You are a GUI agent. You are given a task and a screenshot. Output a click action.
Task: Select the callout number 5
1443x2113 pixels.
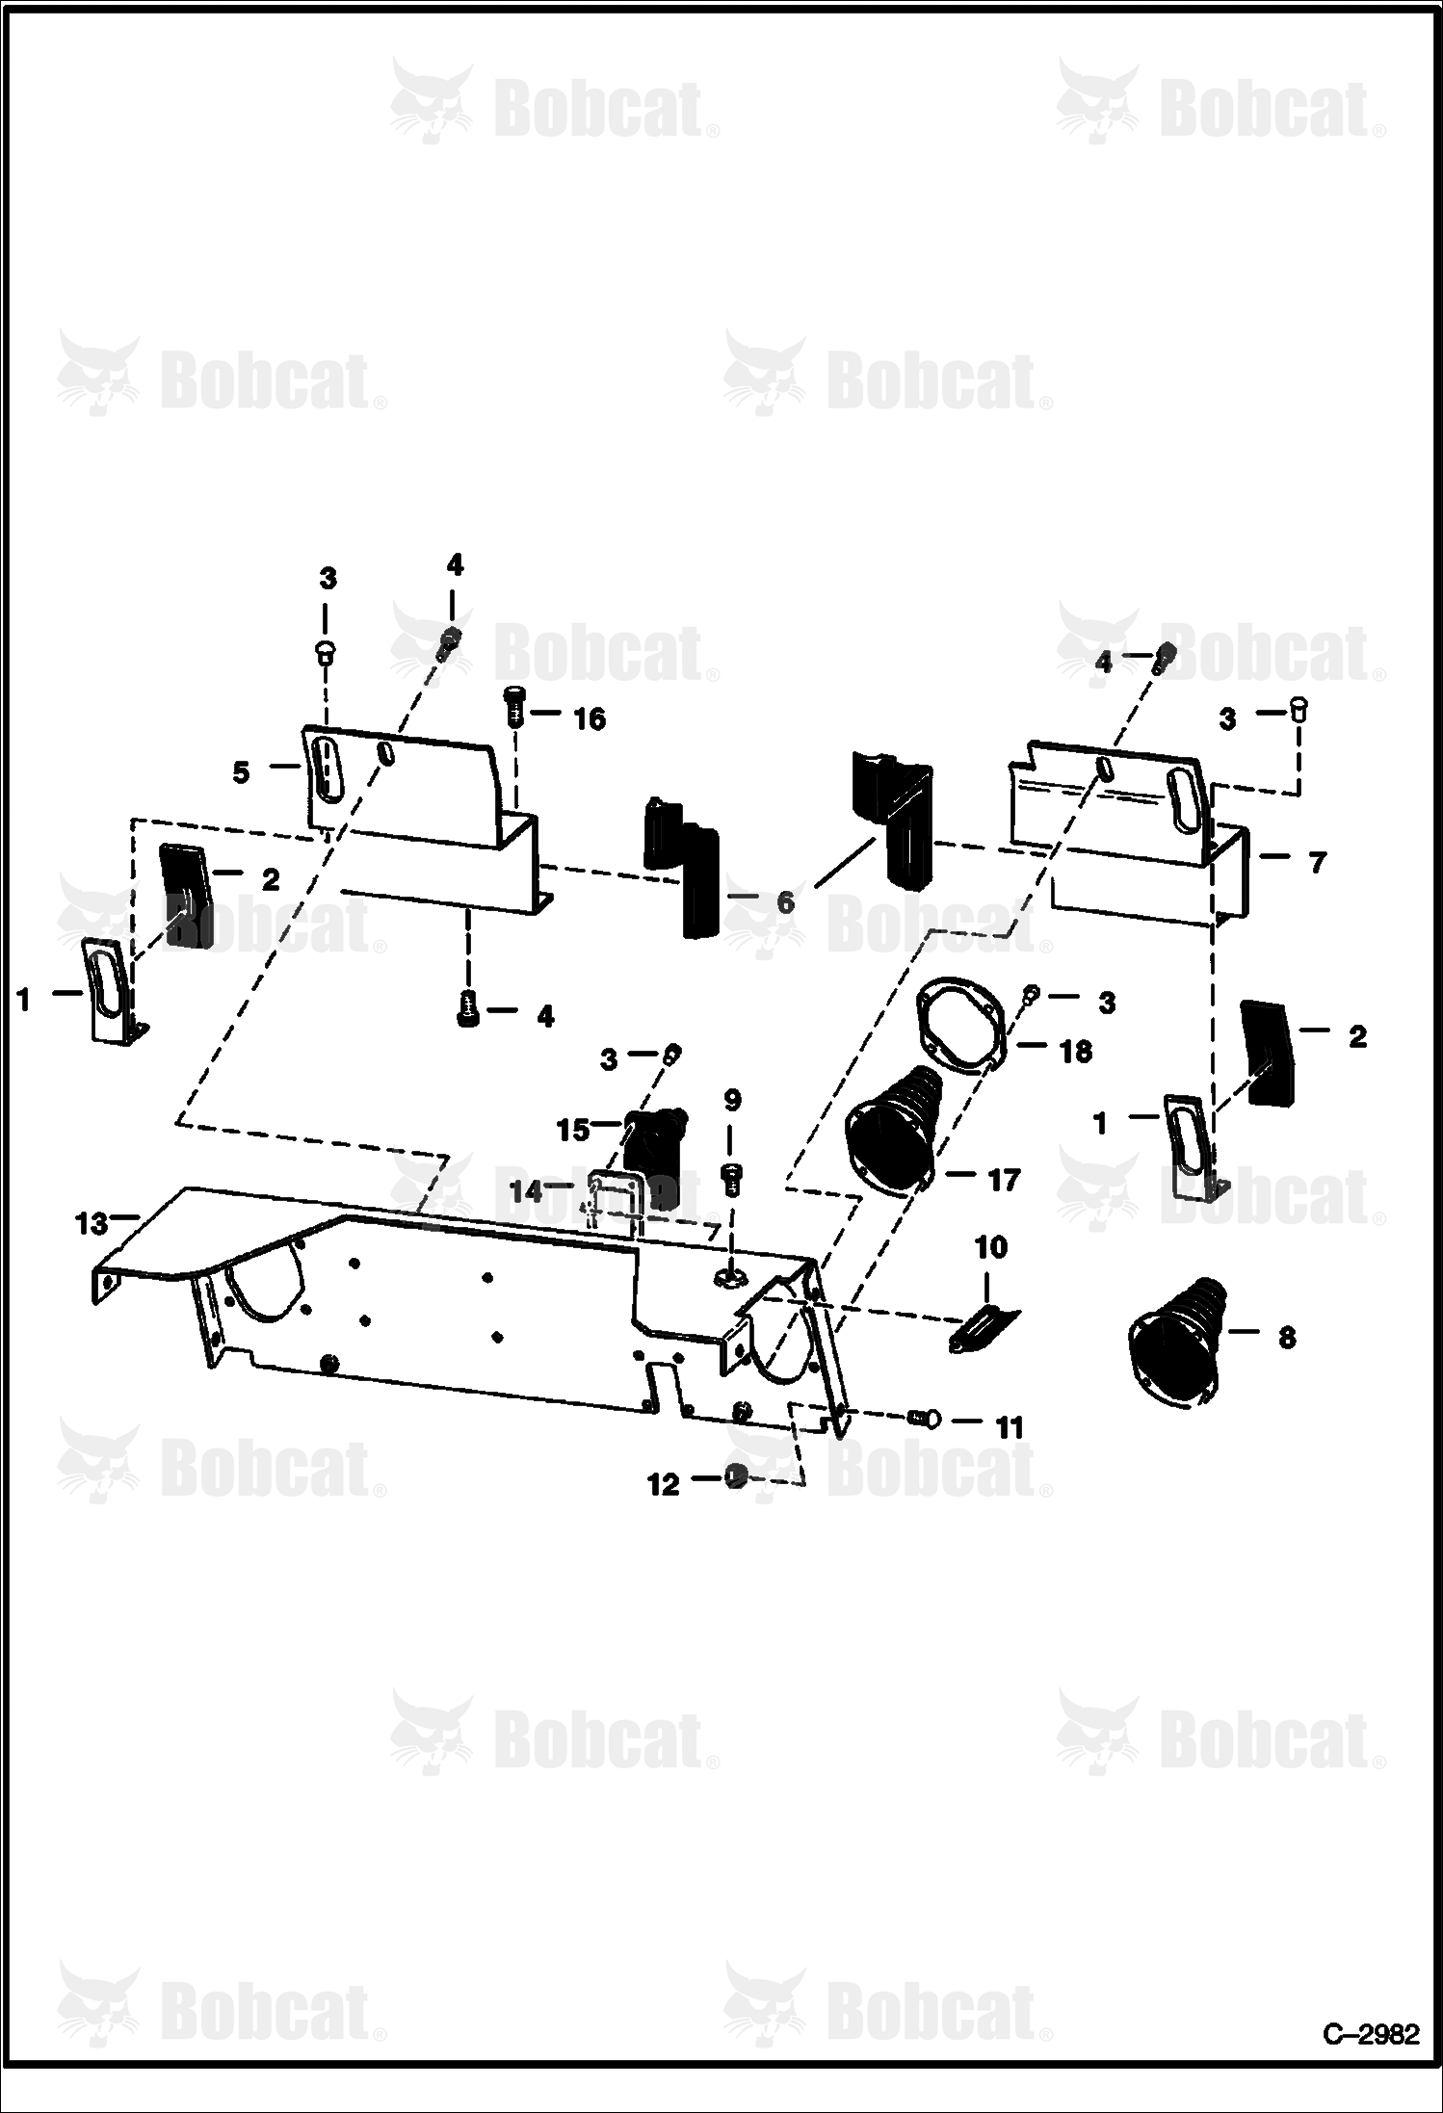(x=241, y=772)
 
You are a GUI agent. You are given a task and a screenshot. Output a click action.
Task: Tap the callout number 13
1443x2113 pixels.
(x=92, y=1224)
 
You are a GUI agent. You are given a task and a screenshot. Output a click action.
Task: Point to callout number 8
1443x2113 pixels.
(x=1286, y=1338)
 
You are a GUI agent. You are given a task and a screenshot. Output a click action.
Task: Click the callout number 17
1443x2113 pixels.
(x=1003, y=1179)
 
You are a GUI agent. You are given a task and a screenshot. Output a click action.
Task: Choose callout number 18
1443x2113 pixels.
(x=1075, y=1052)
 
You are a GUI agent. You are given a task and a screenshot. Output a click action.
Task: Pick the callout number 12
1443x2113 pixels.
(x=663, y=1485)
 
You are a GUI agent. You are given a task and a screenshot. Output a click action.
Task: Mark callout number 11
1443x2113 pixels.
(x=1009, y=1427)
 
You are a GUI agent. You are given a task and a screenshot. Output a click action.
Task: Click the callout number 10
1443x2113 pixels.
(x=991, y=1248)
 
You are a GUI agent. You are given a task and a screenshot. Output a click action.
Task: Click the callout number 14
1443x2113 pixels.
(x=527, y=1191)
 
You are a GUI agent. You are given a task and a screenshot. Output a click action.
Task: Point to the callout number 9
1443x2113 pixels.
(x=732, y=1099)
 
